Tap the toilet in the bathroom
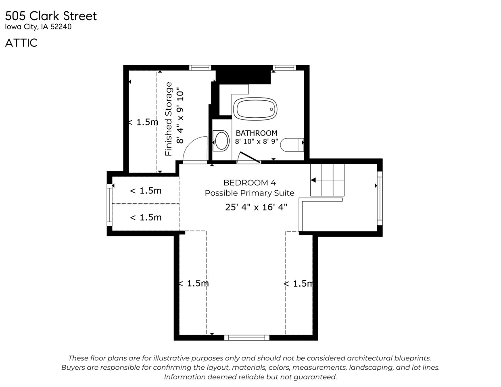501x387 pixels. coord(292,145)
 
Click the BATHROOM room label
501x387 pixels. coord(257,133)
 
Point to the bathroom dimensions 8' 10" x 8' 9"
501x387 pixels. coord(257,141)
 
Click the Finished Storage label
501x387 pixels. coord(169,119)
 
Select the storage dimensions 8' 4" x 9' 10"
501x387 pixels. coord(180,117)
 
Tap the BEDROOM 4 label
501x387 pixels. coord(249,183)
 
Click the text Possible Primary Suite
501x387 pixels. coord(249,193)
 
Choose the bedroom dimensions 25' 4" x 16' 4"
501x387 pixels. coord(256,207)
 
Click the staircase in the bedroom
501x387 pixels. coord(327,180)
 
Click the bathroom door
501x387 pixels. coord(249,158)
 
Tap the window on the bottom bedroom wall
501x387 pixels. coord(246,337)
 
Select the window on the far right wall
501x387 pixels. coord(380,198)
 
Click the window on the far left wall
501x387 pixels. coord(109,205)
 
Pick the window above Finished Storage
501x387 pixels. coord(200,68)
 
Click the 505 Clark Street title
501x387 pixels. coord(51,16)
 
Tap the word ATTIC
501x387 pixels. coord(21,43)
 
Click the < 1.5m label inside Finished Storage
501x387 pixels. coord(143,122)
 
